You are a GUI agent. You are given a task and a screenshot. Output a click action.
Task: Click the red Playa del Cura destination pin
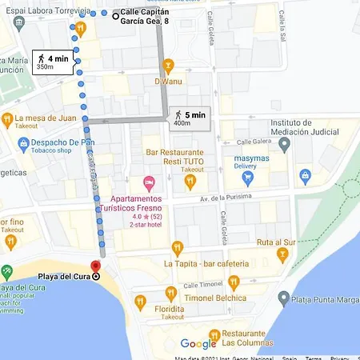[95, 266]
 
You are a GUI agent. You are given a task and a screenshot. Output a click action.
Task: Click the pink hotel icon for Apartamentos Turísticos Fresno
[147, 184]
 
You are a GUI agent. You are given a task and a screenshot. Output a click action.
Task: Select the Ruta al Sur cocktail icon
[282, 254]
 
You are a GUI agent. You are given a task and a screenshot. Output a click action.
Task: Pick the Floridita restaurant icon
[141, 301]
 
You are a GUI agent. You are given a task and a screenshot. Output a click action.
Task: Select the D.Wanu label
[168, 81]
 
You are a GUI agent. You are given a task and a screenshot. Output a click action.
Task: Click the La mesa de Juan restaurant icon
[7, 120]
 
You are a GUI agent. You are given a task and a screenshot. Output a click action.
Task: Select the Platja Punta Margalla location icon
[285, 301]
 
